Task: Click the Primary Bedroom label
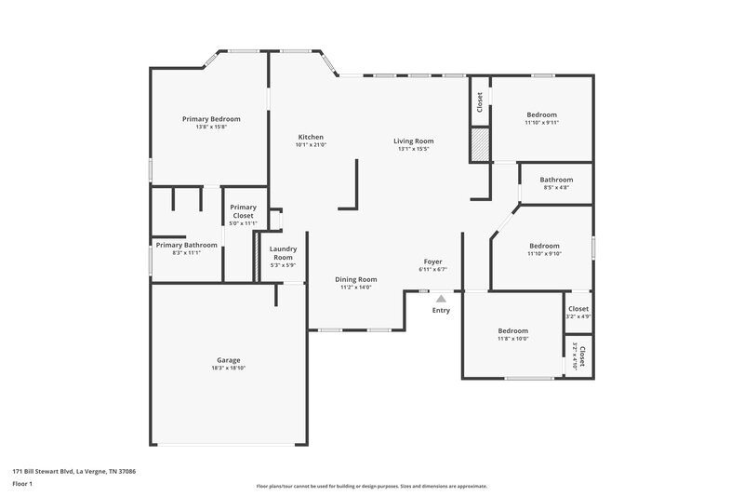[211, 119]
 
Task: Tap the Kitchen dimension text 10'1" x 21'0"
[310, 145]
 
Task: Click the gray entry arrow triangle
[441, 299]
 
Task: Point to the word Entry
[441, 310]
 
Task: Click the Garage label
[229, 360]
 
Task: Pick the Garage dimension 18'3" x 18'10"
[229, 369]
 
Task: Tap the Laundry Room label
[283, 253]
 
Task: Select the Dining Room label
[355, 279]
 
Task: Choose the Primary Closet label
[243, 211]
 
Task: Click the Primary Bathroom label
[186, 245]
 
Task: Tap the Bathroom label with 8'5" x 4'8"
[556, 180]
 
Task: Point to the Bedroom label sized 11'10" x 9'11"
[541, 114]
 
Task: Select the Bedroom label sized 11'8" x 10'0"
[512, 330]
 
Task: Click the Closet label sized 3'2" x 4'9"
[578, 309]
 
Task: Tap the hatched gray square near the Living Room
[479, 144]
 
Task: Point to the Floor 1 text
[22, 484]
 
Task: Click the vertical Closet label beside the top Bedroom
[479, 101]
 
